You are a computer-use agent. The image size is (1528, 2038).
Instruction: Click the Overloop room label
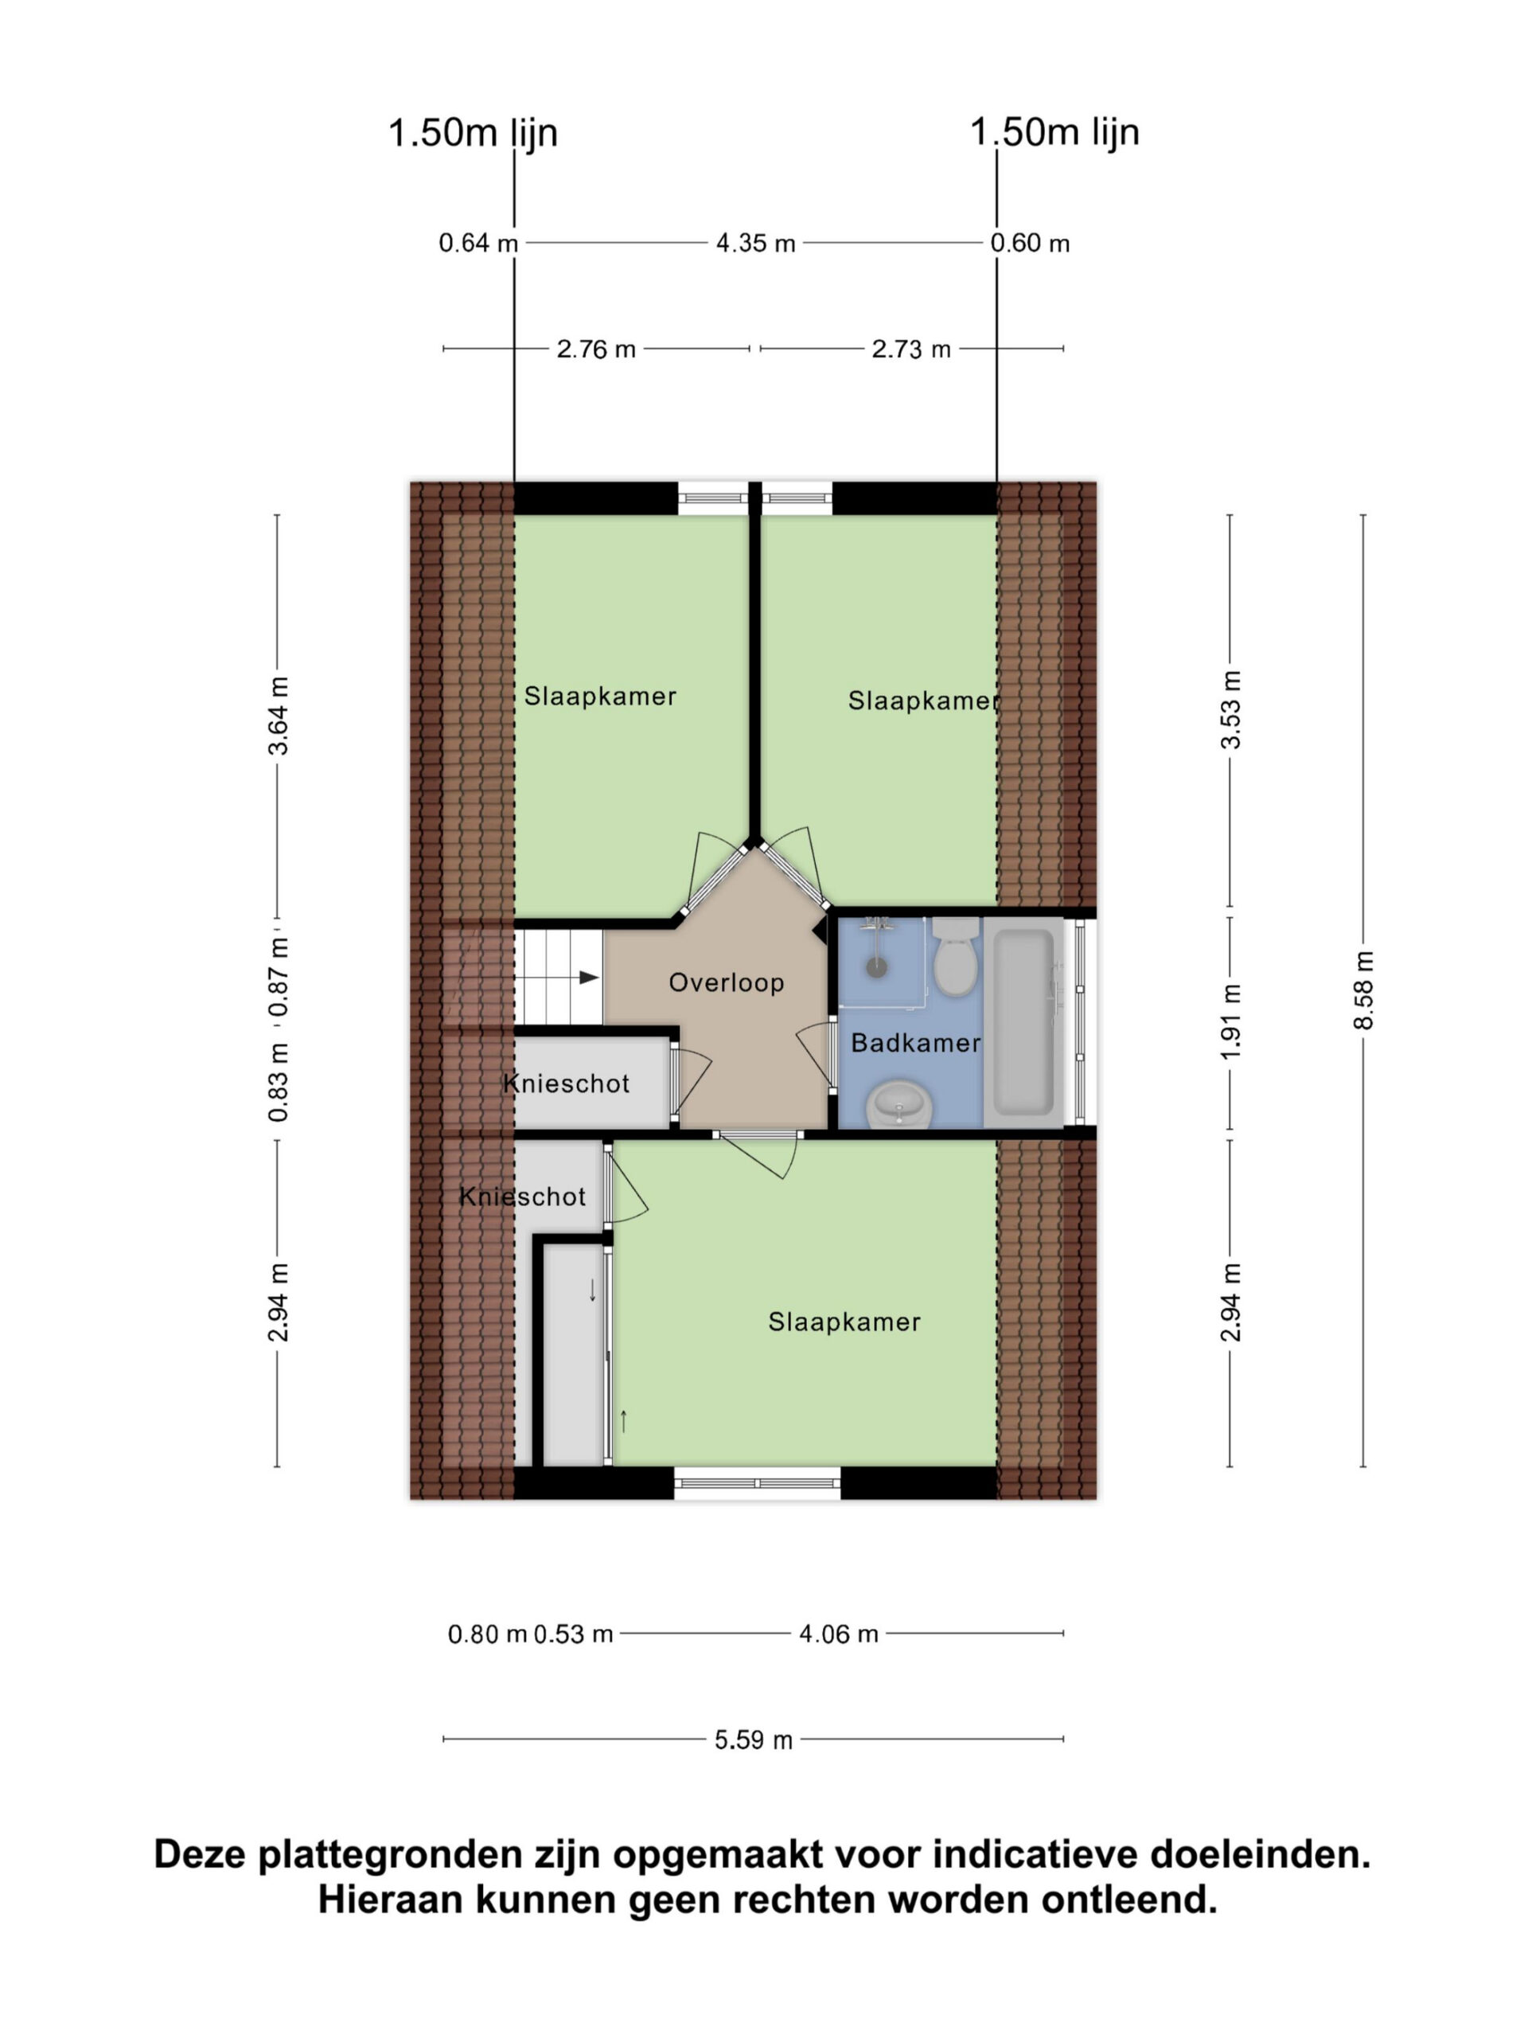726,982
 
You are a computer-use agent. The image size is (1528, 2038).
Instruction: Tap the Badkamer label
914,1043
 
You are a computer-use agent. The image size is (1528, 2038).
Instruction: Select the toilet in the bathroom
954,956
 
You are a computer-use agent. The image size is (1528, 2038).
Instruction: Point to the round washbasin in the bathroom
900,1103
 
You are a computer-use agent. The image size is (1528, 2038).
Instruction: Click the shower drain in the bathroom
877,967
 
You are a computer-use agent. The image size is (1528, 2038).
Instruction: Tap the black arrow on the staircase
589,978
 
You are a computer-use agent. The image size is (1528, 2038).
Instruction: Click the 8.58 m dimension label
1363,990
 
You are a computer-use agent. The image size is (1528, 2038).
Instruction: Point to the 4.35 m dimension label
755,244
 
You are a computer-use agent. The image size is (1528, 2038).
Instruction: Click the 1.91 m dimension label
1230,1021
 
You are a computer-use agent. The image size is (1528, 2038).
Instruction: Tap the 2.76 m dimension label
596,349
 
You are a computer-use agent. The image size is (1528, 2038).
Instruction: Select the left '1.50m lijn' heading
473,133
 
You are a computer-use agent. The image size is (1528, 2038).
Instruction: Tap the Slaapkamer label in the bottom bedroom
844,1322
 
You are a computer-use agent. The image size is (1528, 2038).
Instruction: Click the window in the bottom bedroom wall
757,1483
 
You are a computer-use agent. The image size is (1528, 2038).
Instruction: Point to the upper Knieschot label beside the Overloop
567,1083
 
